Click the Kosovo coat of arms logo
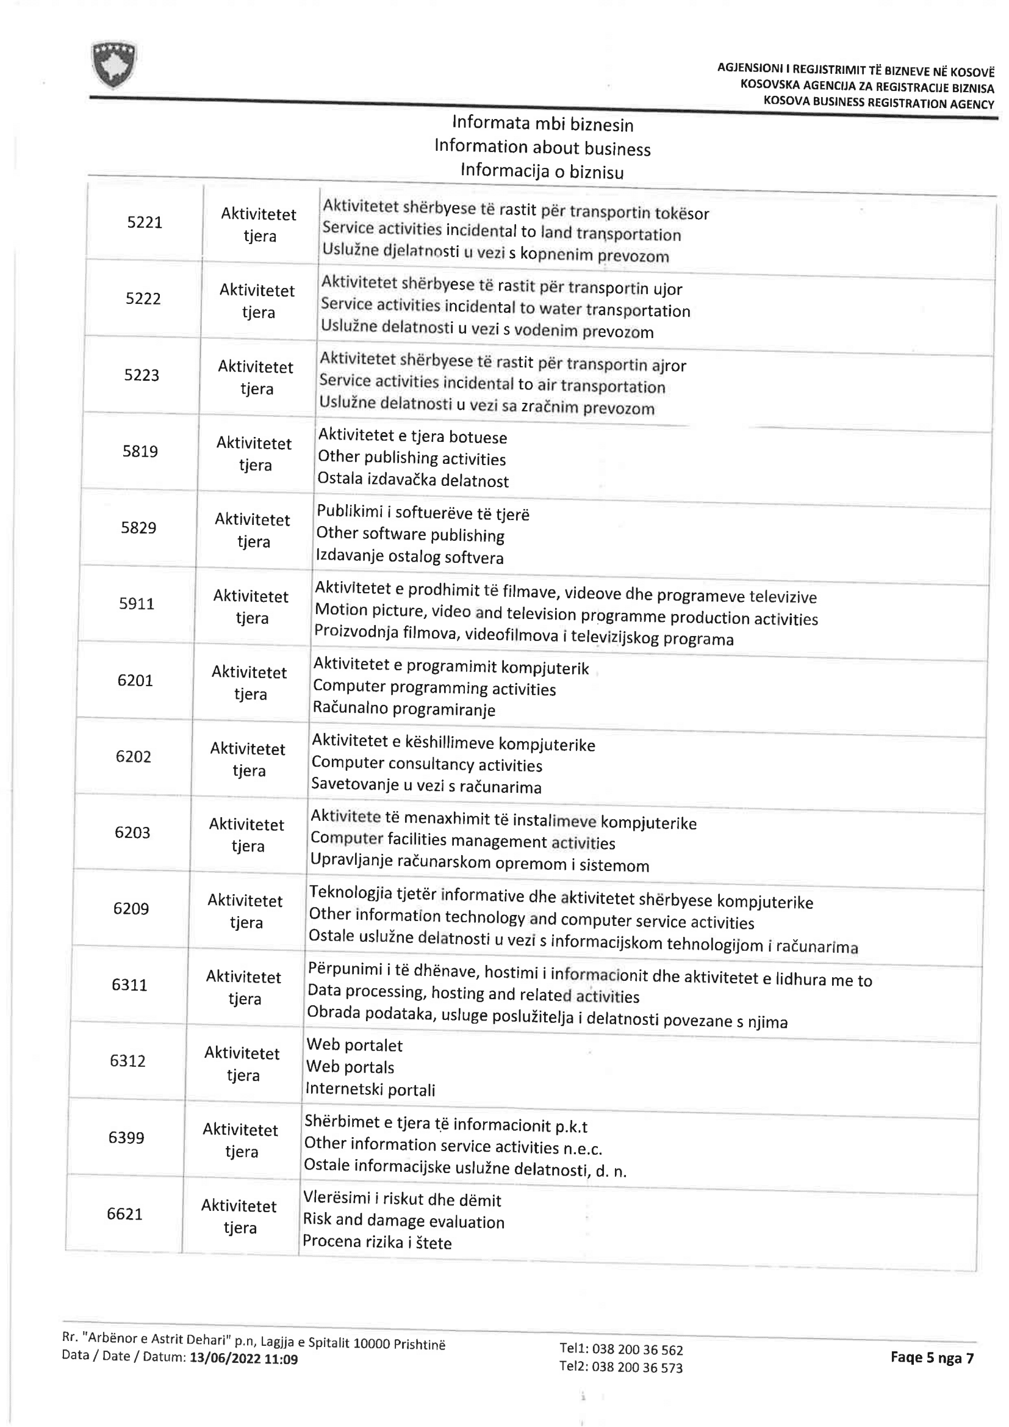113,64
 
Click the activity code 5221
145,223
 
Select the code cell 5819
140,451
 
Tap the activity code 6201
135,681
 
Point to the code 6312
127,1061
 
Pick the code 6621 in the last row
124,1214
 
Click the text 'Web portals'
350,1067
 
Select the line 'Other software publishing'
410,535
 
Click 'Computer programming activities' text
434,688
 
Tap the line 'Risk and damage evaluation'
403,1221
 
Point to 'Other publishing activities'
411,458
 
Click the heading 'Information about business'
542,148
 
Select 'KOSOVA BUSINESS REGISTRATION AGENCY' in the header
878,103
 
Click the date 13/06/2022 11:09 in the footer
243,1359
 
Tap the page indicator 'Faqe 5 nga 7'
932,1357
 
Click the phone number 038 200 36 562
637,1349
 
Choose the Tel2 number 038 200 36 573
637,1367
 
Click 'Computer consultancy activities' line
426,764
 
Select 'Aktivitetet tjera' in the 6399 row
240,1141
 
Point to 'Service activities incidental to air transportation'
492,384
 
